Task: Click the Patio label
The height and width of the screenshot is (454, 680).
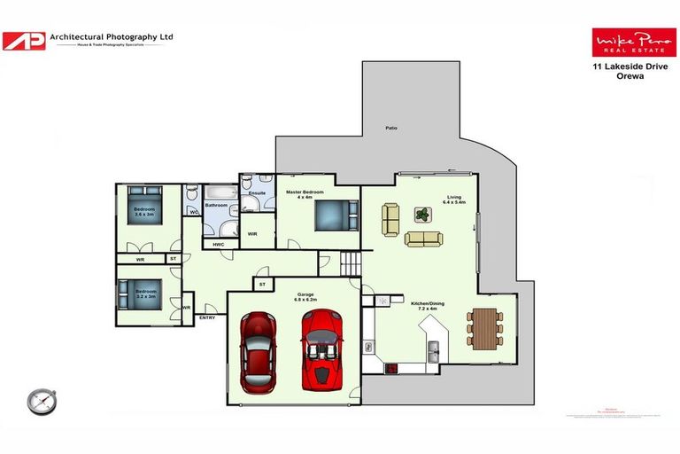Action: point(390,128)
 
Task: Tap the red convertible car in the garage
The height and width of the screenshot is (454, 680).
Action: point(322,349)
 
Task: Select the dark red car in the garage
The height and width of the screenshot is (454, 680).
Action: point(259,352)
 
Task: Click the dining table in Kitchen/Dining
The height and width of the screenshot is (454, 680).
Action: point(484,327)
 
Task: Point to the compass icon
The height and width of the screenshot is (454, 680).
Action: point(41,402)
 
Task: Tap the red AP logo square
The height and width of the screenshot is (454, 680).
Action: point(24,41)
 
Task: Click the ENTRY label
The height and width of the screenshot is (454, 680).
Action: point(207,317)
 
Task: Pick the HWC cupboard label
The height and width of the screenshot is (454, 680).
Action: point(218,244)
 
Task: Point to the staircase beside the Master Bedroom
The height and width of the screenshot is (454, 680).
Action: point(352,262)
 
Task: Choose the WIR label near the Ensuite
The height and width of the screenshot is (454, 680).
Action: point(252,234)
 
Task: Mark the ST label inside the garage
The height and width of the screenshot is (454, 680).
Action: point(261,284)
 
